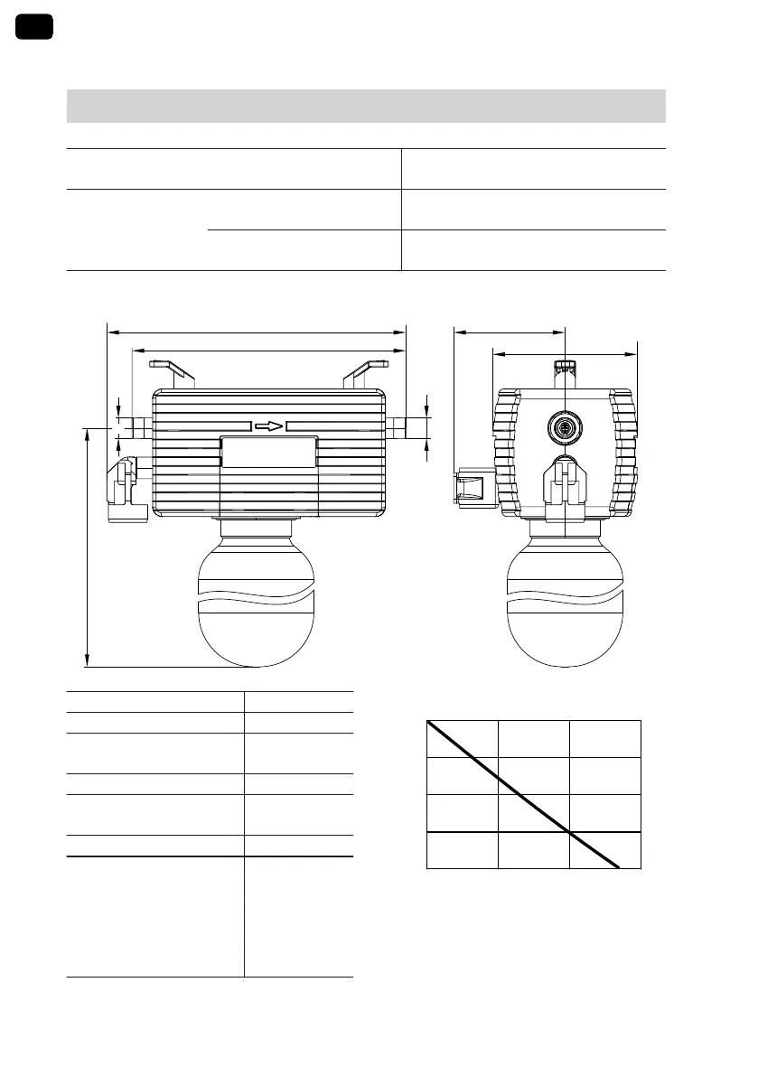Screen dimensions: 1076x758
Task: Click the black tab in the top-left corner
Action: coord(34,26)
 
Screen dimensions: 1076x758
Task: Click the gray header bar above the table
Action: coord(366,106)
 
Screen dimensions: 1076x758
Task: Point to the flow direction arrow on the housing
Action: coord(268,426)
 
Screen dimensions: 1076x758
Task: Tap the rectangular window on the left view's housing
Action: coord(269,452)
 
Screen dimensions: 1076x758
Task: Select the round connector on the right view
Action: coord(565,425)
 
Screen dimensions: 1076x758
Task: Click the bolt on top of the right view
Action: coord(565,366)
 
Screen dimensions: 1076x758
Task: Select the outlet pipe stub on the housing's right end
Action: coord(398,426)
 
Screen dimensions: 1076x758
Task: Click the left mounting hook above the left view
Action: coord(173,371)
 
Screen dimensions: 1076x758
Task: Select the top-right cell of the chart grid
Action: coord(604,739)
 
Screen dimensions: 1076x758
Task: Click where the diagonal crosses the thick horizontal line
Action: coord(570,831)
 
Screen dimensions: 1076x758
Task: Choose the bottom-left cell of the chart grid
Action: coord(462,850)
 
